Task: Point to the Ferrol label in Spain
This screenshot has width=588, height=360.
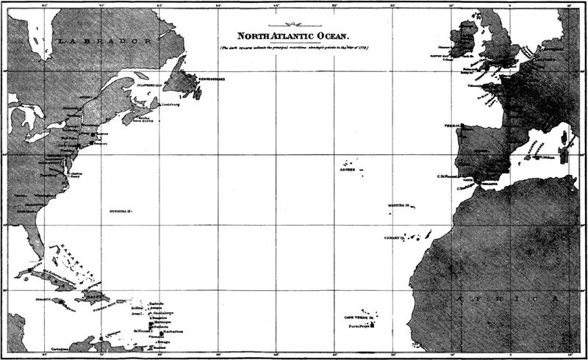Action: (x=452, y=126)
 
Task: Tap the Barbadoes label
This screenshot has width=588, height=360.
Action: (x=173, y=331)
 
